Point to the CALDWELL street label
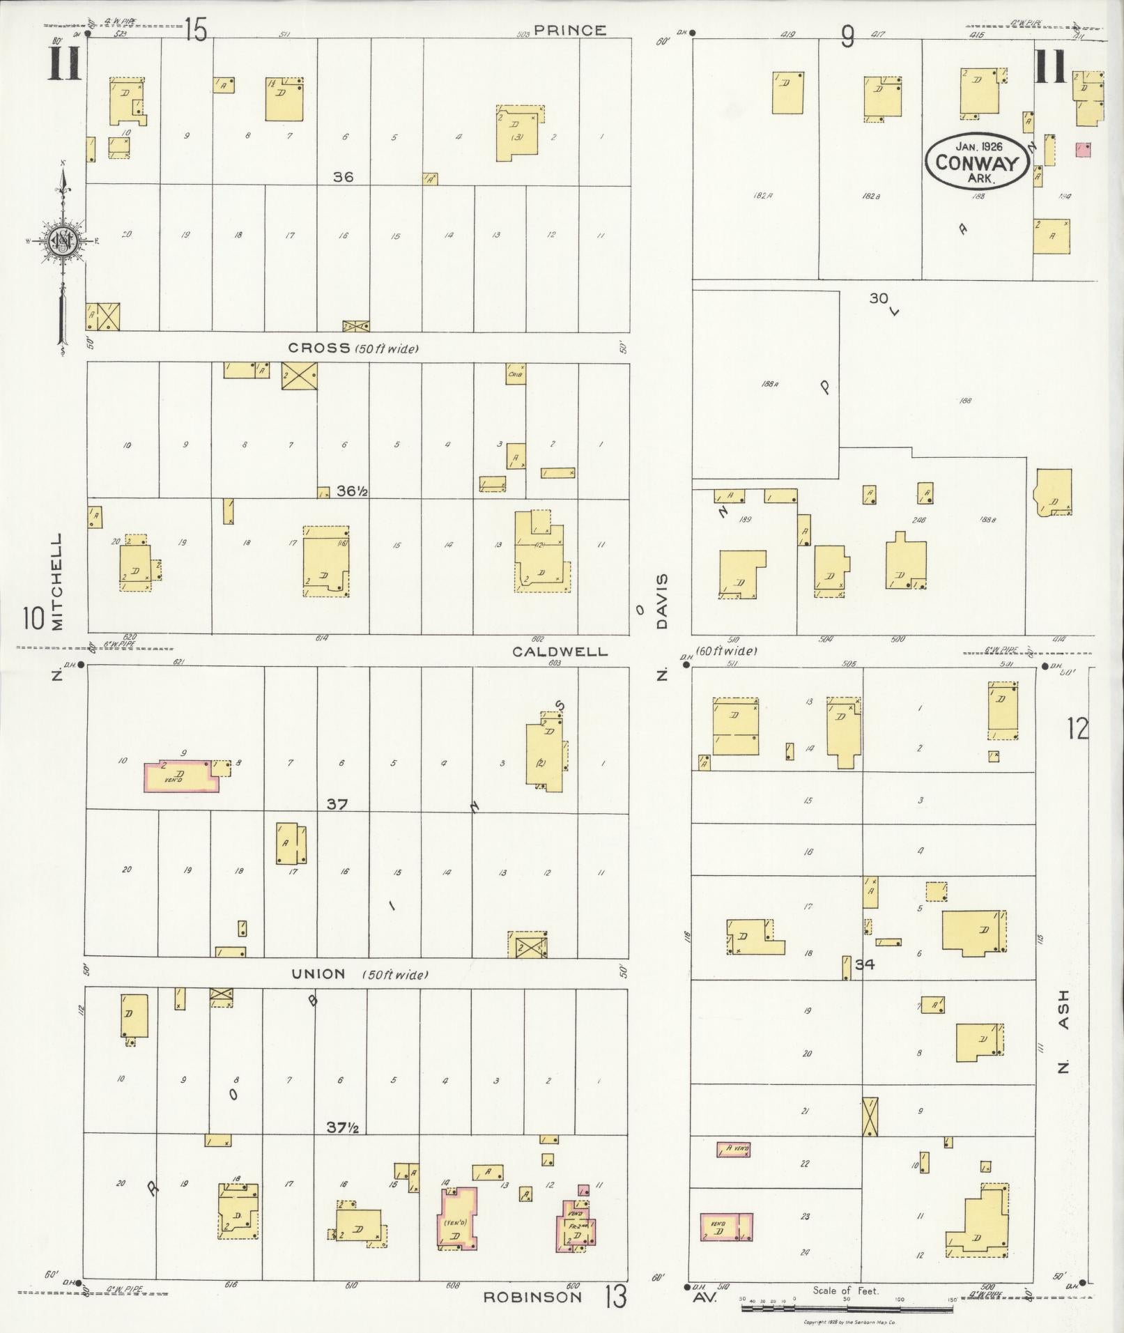pos(560,652)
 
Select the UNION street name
pos(318,974)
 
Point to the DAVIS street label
pos(661,601)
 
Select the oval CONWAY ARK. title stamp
pos(976,161)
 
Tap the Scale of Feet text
pos(846,1290)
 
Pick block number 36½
pos(352,491)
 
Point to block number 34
pos(865,965)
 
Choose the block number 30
pos(878,298)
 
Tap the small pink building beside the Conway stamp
pos(1084,149)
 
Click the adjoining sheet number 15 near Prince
pos(196,30)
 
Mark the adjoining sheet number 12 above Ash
pos(1076,729)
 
